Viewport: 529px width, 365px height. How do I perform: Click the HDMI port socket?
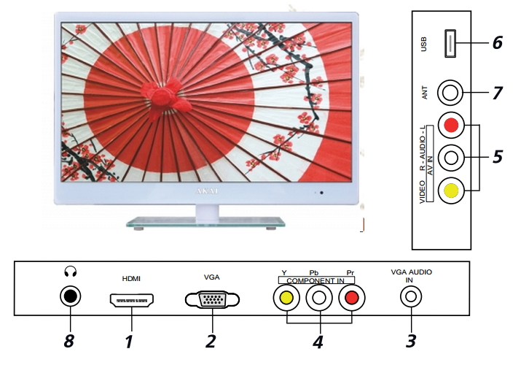pyautogui.click(x=132, y=300)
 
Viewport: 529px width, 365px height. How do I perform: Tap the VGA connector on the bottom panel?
pyautogui.click(x=212, y=299)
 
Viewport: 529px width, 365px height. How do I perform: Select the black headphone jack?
pyautogui.click(x=70, y=296)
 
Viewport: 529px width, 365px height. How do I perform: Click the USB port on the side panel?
pyautogui.click(x=450, y=43)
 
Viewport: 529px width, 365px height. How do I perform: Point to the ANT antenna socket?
pyautogui.click(x=450, y=93)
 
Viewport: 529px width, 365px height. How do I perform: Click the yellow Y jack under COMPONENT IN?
pyautogui.click(x=286, y=298)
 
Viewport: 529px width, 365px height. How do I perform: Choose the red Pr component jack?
pyautogui.click(x=351, y=298)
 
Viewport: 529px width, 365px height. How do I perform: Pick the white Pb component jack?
pyautogui.click(x=319, y=298)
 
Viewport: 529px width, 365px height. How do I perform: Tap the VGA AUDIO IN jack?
pyautogui.click(x=411, y=296)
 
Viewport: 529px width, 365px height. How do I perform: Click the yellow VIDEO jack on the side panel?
pyautogui.click(x=451, y=191)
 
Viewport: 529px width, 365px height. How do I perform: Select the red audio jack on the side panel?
pyautogui.click(x=451, y=125)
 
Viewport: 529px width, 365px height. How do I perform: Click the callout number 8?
pyautogui.click(x=68, y=341)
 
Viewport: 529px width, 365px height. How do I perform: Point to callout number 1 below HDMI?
pyautogui.click(x=129, y=342)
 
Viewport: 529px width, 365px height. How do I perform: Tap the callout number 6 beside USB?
pyautogui.click(x=497, y=42)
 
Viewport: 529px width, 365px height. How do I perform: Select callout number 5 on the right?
pyautogui.click(x=497, y=157)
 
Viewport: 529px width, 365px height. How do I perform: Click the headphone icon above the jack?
pyautogui.click(x=70, y=272)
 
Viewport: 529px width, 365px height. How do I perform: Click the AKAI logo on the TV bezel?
pyautogui.click(x=207, y=191)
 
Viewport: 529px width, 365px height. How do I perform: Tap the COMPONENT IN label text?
pyautogui.click(x=316, y=280)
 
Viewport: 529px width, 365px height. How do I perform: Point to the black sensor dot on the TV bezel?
pyautogui.click(x=321, y=193)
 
